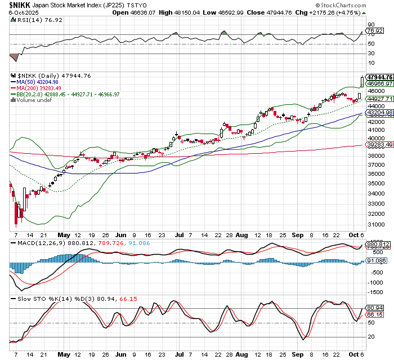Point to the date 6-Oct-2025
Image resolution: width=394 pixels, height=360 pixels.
pyautogui.click(x=18, y=12)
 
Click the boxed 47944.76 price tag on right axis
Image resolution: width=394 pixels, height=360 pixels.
pyautogui.click(x=379, y=77)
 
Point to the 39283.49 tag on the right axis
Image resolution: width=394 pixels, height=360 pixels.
pyautogui.click(x=379, y=145)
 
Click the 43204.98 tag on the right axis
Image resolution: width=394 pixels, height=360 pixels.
pyautogui.click(x=379, y=113)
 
